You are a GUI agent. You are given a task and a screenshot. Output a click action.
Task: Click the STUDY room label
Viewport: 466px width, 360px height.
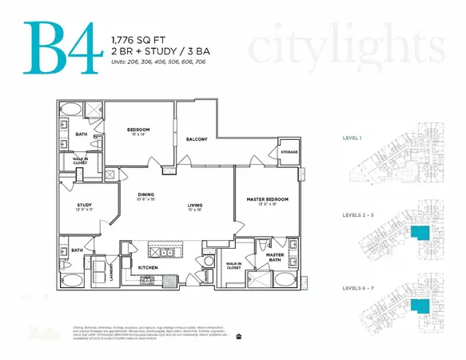[85, 205]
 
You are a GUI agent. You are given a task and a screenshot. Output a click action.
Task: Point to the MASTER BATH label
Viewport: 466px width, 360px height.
[275, 256]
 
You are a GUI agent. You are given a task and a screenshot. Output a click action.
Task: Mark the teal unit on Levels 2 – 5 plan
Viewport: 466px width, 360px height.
[418, 233]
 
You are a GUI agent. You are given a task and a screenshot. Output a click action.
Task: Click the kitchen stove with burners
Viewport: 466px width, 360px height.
[148, 281]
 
